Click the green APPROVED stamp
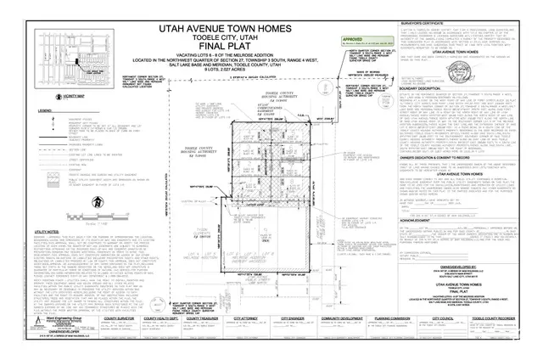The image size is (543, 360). click(352, 39)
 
